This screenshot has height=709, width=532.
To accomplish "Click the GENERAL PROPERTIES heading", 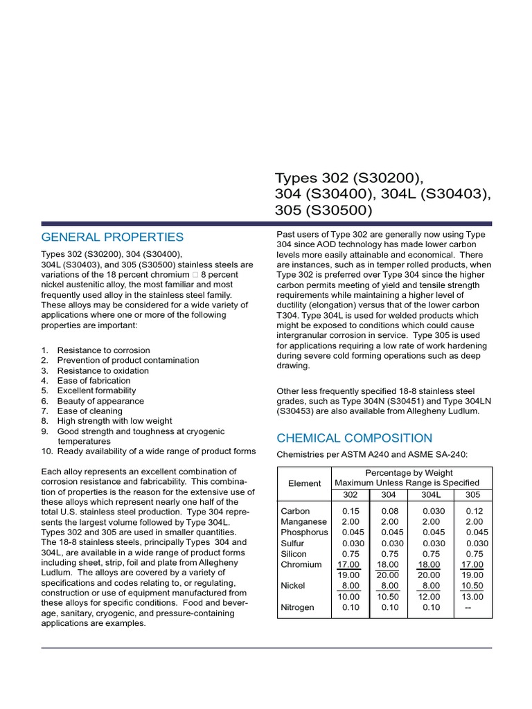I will point(112,237).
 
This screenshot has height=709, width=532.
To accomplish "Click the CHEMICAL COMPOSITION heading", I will point(354,438).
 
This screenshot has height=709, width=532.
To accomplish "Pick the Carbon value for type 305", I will point(475,511).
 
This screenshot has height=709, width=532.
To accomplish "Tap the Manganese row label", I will point(304,521).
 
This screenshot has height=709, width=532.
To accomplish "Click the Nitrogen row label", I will point(297,607).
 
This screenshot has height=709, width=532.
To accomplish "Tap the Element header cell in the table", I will point(304,483).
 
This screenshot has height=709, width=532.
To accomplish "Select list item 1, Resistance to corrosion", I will point(103,350).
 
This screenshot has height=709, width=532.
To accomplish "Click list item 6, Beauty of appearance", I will point(100,401).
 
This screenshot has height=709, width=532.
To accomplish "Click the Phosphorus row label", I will point(303,532).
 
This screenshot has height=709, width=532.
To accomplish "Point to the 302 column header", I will point(350,494).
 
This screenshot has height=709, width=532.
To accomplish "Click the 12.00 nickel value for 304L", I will point(429,596).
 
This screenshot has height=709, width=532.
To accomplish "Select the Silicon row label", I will point(294,554).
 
